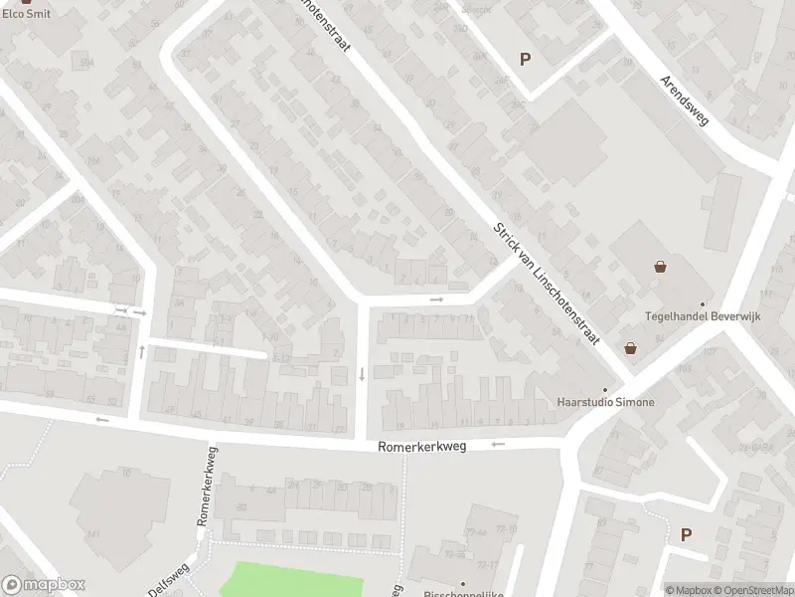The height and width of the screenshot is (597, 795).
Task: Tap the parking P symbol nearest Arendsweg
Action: click(525, 59)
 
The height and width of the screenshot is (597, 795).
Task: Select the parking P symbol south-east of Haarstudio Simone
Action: click(686, 534)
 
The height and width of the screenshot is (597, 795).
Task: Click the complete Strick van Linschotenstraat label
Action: click(547, 284)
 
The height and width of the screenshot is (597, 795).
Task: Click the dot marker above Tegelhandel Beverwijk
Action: click(703, 304)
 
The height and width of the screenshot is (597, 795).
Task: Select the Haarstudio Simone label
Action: click(605, 402)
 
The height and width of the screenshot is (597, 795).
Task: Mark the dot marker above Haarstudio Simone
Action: click(604, 389)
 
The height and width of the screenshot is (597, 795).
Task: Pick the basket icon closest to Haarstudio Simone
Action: click(630, 348)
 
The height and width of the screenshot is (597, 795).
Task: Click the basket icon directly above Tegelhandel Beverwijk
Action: click(660, 267)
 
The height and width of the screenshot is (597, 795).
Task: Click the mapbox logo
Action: click(43, 585)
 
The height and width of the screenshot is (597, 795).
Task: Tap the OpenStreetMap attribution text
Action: click(759, 590)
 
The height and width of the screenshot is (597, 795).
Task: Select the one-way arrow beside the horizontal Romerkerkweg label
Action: click(498, 445)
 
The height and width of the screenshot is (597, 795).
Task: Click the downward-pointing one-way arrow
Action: click(362, 374)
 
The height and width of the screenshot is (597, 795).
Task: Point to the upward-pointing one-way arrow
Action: click(142, 350)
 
